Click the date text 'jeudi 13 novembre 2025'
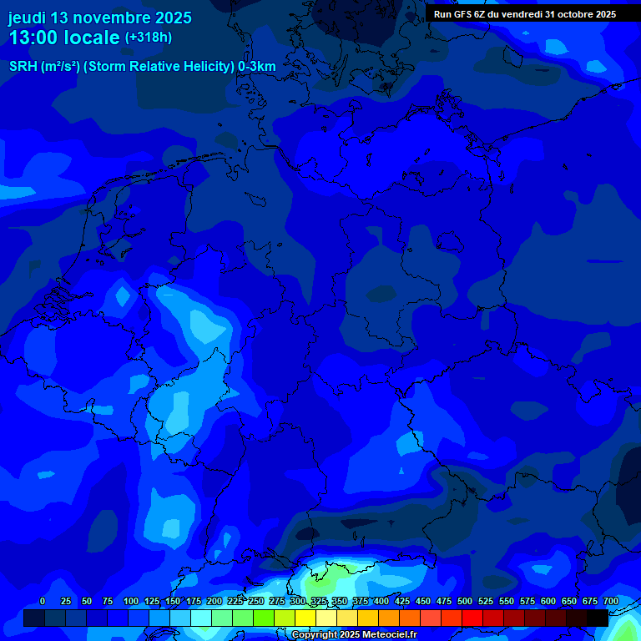[x=99, y=18]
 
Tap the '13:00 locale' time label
[x=64, y=38]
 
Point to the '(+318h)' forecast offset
[x=148, y=37]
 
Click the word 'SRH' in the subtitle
[x=23, y=67]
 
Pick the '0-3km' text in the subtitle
[x=257, y=67]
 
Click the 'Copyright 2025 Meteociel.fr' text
[x=354, y=635]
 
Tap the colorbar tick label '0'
[x=43, y=601]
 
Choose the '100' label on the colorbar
[x=131, y=601]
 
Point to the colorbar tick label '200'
[x=215, y=601]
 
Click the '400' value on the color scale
[x=381, y=601]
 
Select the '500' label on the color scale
[x=465, y=601]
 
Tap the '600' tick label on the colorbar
[x=548, y=601]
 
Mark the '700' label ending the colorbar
[x=610, y=601]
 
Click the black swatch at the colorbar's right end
[x=598, y=618]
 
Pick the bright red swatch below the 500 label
[x=472, y=618]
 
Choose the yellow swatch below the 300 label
[x=305, y=618]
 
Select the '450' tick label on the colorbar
[x=423, y=601]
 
